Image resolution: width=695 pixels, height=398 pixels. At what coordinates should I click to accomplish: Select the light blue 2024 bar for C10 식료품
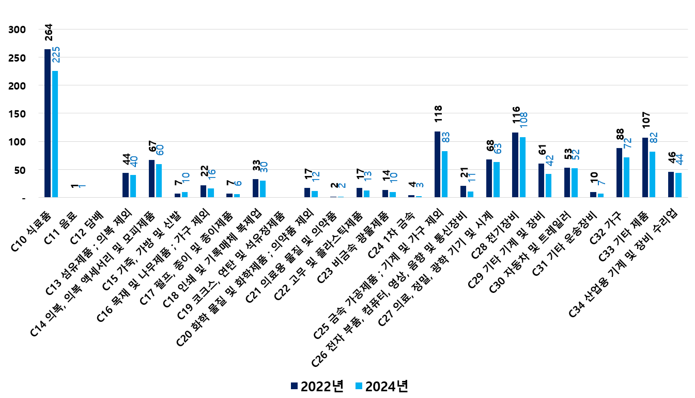coord(55,134)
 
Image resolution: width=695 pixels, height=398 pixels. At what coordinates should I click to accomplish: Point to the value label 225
coord(56,55)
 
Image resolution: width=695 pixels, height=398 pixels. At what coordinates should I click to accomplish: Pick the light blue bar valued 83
coord(445,174)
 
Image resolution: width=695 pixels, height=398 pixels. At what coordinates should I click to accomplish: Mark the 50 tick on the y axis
coord(20,170)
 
